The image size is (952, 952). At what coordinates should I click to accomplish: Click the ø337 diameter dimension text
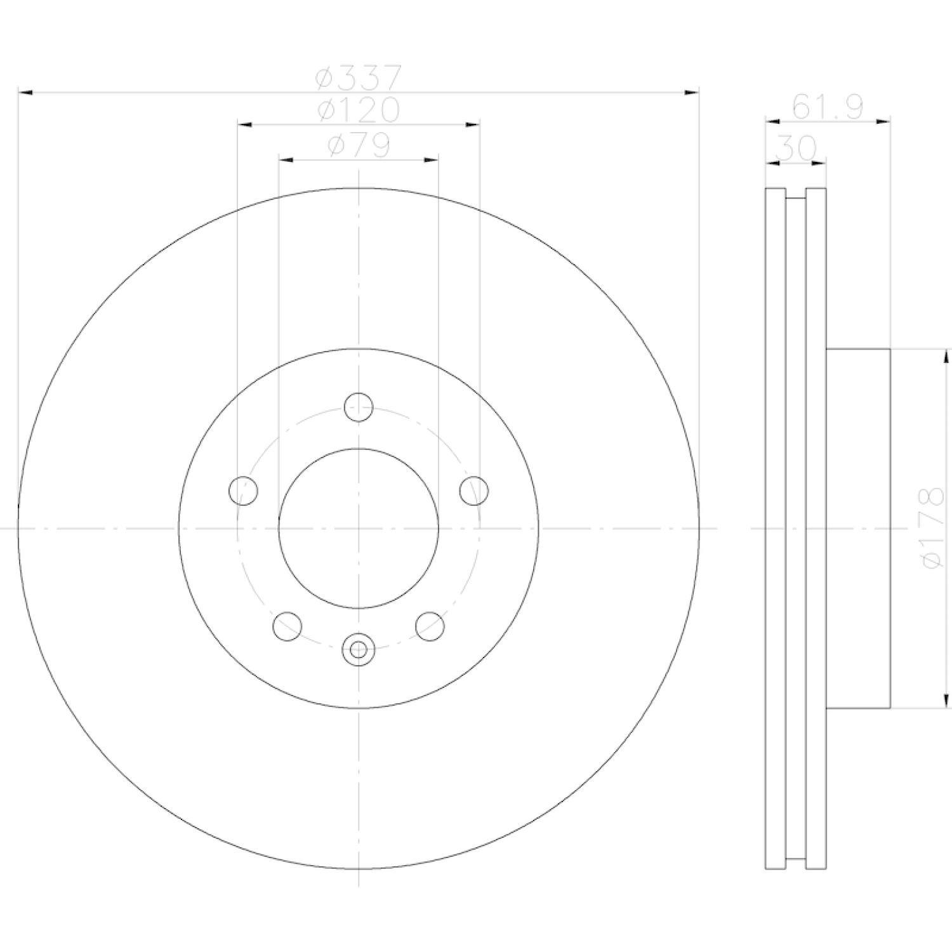pos(359,78)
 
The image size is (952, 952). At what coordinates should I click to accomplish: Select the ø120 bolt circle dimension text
pos(359,110)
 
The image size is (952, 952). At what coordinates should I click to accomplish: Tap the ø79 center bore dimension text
pos(359,145)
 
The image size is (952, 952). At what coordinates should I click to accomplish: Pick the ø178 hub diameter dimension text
pos(930,527)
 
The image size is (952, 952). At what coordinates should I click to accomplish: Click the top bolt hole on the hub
pos(359,407)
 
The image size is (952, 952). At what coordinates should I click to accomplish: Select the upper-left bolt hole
pos(243,491)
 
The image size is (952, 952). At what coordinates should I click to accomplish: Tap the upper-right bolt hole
pos(474,491)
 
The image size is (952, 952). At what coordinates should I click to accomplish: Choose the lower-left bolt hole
pos(287,626)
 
